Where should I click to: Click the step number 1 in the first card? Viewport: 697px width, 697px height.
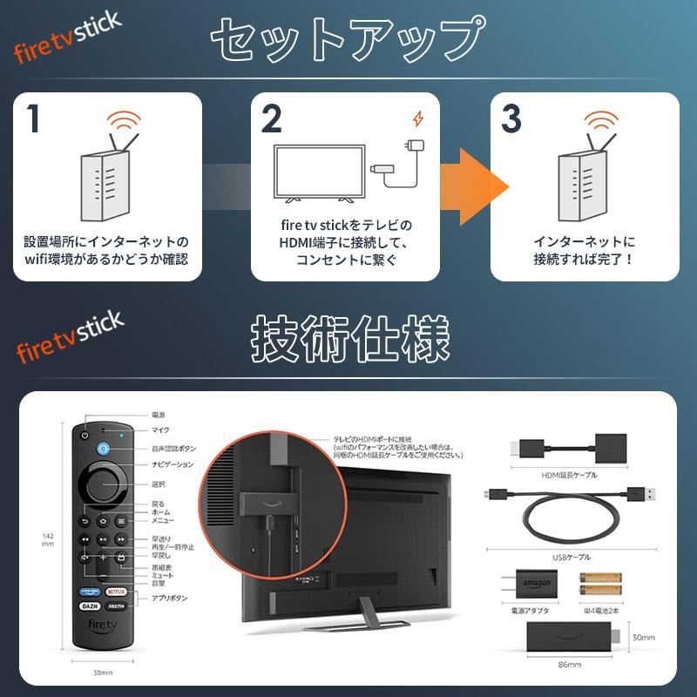click(33, 119)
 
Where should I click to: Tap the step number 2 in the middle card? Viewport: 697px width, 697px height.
click(271, 119)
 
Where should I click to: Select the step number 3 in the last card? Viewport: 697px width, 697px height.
click(511, 119)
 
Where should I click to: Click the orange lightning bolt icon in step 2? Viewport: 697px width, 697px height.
click(418, 118)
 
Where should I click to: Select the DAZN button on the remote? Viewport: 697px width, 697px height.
click(88, 603)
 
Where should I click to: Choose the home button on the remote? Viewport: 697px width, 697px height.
click(103, 521)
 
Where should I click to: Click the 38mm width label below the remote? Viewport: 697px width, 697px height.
click(102, 673)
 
